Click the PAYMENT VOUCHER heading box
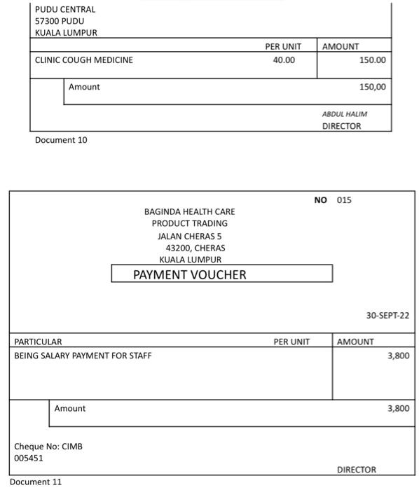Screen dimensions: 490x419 (x=221, y=274)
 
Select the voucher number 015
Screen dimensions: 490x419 (x=343, y=200)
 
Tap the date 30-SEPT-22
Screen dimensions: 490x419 (x=387, y=316)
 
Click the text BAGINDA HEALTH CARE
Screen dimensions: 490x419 (x=189, y=211)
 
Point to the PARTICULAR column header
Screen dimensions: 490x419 (x=39, y=342)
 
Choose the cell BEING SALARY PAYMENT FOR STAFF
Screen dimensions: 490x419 (x=83, y=356)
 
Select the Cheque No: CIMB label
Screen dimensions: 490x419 (x=48, y=446)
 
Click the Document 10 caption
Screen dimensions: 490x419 (x=61, y=140)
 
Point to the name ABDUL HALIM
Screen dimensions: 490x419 (x=344, y=114)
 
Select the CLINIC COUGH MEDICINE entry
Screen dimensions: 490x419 (x=83, y=60)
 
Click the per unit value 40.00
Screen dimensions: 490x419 (x=284, y=60)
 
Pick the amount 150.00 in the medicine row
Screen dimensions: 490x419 (x=372, y=60)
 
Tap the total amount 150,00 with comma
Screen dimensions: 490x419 (x=372, y=87)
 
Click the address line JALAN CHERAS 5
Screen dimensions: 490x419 (x=189, y=236)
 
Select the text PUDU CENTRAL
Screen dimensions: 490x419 (x=64, y=10)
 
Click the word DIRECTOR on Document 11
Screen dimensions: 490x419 (x=356, y=470)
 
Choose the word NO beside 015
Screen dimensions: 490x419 (x=320, y=200)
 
